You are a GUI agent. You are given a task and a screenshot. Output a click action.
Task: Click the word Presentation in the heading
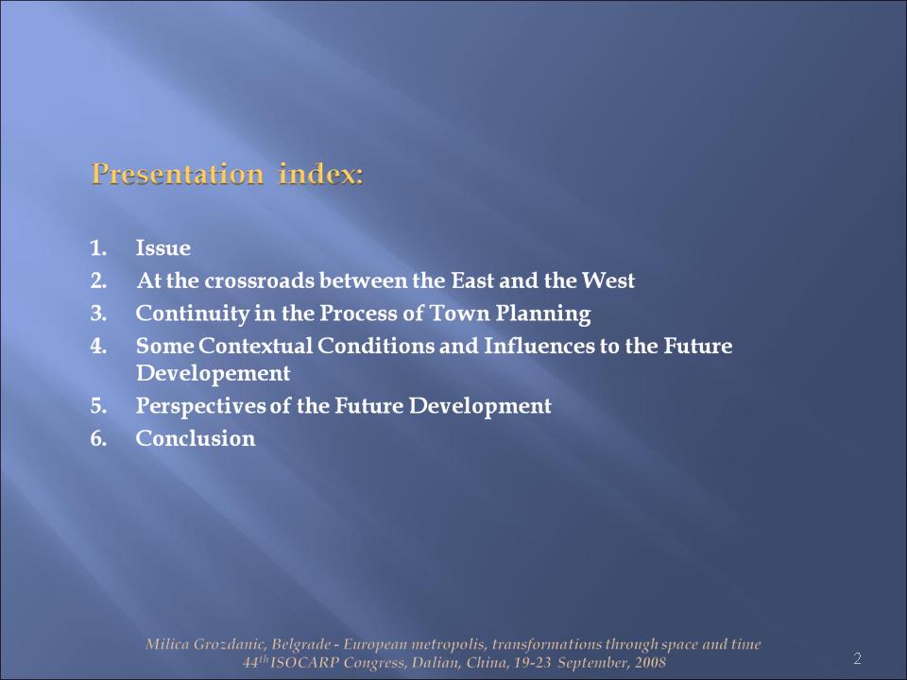click(x=178, y=174)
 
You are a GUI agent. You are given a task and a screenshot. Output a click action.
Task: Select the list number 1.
click(x=98, y=248)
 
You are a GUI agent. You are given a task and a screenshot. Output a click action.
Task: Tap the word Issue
click(x=163, y=248)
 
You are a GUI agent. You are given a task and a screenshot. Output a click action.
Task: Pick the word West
click(x=608, y=280)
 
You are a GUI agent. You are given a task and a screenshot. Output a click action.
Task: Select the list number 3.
click(x=98, y=314)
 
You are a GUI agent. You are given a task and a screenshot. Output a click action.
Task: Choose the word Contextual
click(x=256, y=346)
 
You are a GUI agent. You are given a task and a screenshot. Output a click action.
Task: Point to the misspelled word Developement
click(x=213, y=374)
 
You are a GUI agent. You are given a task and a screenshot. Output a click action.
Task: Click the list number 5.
click(x=98, y=406)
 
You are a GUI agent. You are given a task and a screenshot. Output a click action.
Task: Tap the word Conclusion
click(x=196, y=438)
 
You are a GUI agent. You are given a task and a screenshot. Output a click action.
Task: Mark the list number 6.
click(x=98, y=439)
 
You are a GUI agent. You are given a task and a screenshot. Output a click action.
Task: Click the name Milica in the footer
click(x=167, y=644)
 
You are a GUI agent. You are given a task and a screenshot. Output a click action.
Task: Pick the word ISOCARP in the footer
click(x=304, y=662)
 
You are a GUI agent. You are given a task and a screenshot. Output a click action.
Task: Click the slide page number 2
click(x=857, y=658)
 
